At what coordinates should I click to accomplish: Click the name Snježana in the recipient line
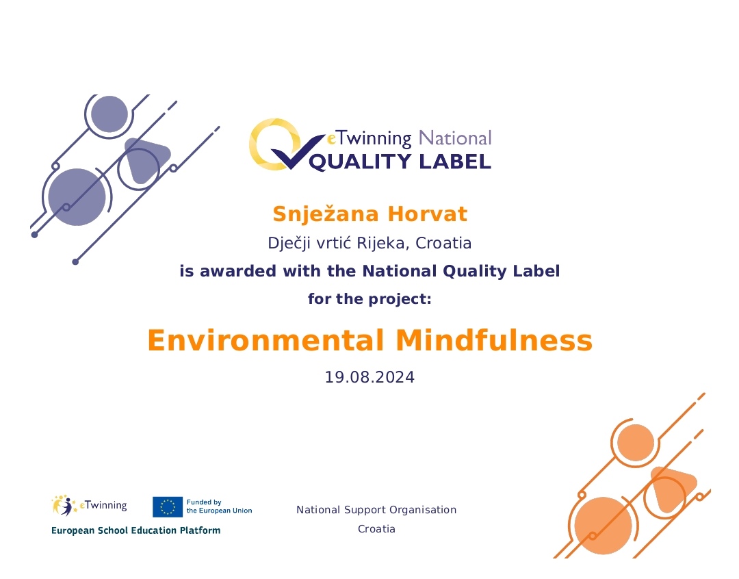326,214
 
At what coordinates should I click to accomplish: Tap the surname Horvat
428,214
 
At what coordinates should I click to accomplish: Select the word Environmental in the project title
265,340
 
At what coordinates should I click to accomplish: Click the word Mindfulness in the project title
494,340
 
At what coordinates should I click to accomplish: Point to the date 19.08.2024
369,377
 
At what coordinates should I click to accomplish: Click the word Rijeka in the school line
383,243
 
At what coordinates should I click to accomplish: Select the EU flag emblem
168,507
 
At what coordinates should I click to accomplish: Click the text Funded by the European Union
219,506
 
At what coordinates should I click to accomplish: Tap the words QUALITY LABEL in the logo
400,162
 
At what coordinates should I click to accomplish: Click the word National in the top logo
455,138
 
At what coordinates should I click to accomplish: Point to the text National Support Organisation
376,510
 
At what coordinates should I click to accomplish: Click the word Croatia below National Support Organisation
376,529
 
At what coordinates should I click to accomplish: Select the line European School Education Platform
135,530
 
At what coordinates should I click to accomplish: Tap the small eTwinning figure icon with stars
64,506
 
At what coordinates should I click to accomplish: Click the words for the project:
369,299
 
